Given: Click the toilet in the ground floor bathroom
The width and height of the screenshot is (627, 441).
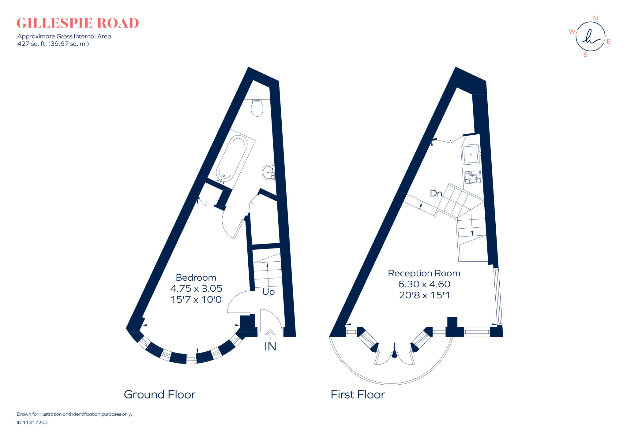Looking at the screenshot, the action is pyautogui.click(x=257, y=108).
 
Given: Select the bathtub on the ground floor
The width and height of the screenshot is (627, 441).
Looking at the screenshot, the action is pyautogui.click(x=232, y=159).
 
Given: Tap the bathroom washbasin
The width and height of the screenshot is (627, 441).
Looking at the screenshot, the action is pyautogui.click(x=268, y=172).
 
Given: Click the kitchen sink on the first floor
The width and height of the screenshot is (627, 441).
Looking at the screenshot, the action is pyautogui.click(x=470, y=155).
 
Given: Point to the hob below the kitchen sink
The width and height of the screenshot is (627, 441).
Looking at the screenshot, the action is pyautogui.click(x=472, y=177).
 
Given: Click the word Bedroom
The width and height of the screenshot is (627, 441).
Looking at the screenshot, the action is pyautogui.click(x=196, y=278).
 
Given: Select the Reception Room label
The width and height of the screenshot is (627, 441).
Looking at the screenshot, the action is pyautogui.click(x=424, y=273).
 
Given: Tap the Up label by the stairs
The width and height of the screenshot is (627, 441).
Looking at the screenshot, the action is pyautogui.click(x=268, y=292).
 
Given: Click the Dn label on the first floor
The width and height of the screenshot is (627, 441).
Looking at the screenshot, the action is pyautogui.click(x=436, y=193).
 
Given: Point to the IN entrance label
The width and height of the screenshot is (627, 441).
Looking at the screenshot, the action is pyautogui.click(x=270, y=346).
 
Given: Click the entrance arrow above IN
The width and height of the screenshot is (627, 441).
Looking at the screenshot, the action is pyautogui.click(x=270, y=333).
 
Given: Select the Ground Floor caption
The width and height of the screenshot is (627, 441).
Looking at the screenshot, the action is pyautogui.click(x=160, y=394).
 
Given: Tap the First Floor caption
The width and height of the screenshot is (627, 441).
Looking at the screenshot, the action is pyautogui.click(x=358, y=394).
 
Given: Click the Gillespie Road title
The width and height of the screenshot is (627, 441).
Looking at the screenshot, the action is pyautogui.click(x=78, y=23).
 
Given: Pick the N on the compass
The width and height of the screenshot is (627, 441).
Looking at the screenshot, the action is pyautogui.click(x=595, y=18).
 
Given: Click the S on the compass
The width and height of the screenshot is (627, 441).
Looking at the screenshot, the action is pyautogui.click(x=586, y=55).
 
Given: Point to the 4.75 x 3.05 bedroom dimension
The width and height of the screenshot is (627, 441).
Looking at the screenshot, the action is pyautogui.click(x=196, y=289).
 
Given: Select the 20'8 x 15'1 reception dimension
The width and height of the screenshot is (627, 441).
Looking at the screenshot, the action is pyautogui.click(x=424, y=295).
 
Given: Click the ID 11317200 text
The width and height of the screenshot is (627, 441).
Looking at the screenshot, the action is pyautogui.click(x=32, y=422).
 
